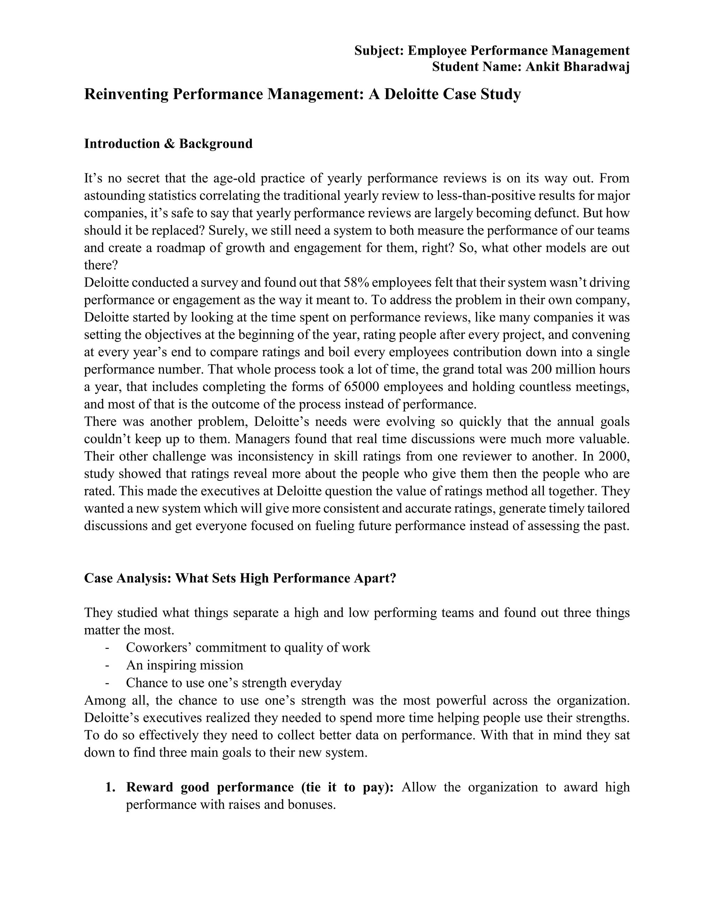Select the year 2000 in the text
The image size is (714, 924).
614,456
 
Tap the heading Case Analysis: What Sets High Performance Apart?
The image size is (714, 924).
240,578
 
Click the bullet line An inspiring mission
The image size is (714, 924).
184,665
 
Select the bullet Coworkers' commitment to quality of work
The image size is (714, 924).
248,647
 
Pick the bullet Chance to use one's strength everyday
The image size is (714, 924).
234,682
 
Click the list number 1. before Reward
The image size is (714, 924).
111,787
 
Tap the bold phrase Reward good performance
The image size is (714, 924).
210,787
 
